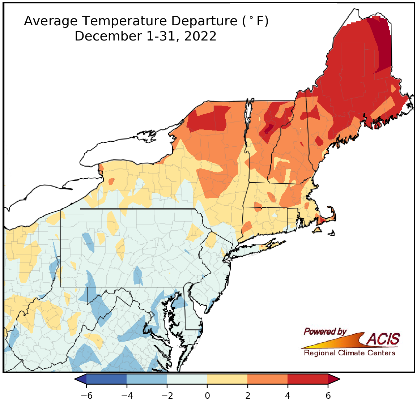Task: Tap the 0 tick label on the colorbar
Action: [x=207, y=395]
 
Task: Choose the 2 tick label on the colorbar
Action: [x=247, y=395]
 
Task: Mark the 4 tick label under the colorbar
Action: [x=288, y=395]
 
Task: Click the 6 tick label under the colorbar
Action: [x=328, y=395]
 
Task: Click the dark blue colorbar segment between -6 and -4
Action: [x=106, y=379]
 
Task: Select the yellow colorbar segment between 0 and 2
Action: [x=227, y=379]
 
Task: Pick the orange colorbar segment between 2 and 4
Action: [x=267, y=379]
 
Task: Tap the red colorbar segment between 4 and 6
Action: [x=308, y=379]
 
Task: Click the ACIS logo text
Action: [x=383, y=339]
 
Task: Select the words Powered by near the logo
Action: [x=325, y=332]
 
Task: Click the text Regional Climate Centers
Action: [x=349, y=353]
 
